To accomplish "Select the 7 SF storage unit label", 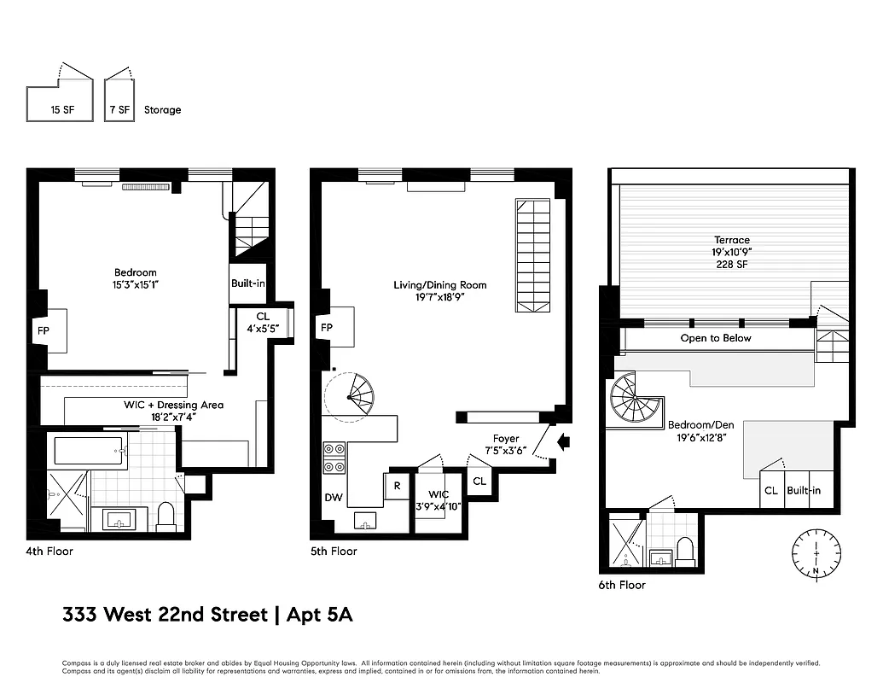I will pyautogui.click(x=119, y=110).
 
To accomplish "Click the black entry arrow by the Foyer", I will pyautogui.click(x=562, y=441).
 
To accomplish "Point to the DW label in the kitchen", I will pyautogui.click(x=332, y=497).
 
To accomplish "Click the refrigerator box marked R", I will pyautogui.click(x=397, y=486).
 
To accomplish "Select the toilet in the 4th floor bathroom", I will pyautogui.click(x=166, y=517).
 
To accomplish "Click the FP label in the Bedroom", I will pyautogui.click(x=43, y=328).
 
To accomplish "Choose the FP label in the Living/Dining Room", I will pyautogui.click(x=326, y=328).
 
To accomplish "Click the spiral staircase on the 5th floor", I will pyautogui.click(x=355, y=396).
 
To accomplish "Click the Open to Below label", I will pyautogui.click(x=715, y=338).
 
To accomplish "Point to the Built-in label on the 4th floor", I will pyautogui.click(x=247, y=283).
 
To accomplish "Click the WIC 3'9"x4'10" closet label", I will pyautogui.click(x=439, y=499).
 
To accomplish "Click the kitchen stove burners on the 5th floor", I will pyautogui.click(x=334, y=458).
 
